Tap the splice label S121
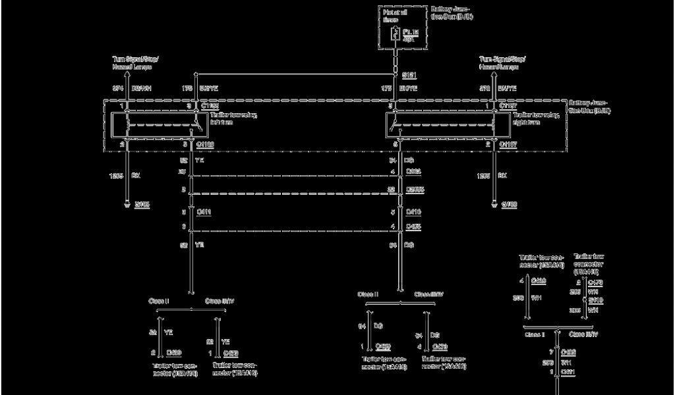[x=409, y=75]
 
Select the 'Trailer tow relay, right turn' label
[x=535, y=118]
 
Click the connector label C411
[x=204, y=212]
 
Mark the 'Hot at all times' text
[x=394, y=15]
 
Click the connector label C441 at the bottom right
[x=568, y=373]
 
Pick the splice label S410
[x=596, y=300]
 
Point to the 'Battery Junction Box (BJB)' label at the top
[x=452, y=13]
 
